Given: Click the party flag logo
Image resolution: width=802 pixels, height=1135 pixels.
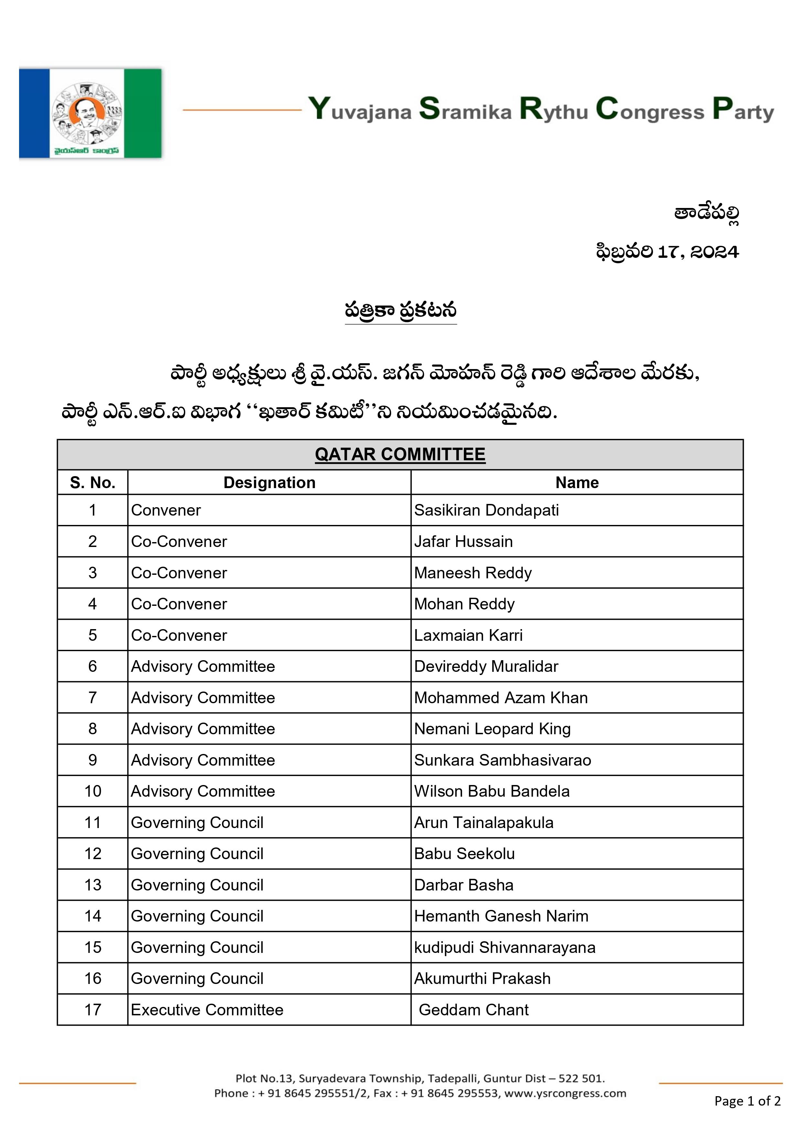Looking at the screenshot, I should tap(91, 113).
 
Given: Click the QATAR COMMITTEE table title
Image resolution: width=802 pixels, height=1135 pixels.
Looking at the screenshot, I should tap(400, 454).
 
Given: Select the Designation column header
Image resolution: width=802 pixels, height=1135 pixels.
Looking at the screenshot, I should tap(269, 483).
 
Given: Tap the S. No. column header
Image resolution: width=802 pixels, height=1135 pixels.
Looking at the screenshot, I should tap(92, 483).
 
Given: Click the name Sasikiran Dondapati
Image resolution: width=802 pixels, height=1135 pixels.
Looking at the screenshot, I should tap(486, 510).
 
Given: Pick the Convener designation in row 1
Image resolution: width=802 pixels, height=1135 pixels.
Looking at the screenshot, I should tap(166, 510).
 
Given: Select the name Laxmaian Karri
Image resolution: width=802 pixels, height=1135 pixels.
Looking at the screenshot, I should tap(468, 635).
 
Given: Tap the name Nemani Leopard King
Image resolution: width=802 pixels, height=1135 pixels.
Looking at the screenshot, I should tap(492, 729).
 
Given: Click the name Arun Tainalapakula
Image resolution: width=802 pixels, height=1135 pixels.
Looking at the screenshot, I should tap(483, 823).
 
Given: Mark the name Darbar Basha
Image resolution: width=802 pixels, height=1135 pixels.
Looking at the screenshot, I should tap(464, 885).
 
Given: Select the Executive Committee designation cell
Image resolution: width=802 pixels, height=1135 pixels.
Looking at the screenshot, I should tap(207, 1010).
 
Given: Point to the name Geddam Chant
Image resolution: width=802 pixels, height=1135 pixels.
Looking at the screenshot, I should tap(473, 1010).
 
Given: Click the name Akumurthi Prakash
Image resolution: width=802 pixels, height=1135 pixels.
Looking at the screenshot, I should tap(482, 979).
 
